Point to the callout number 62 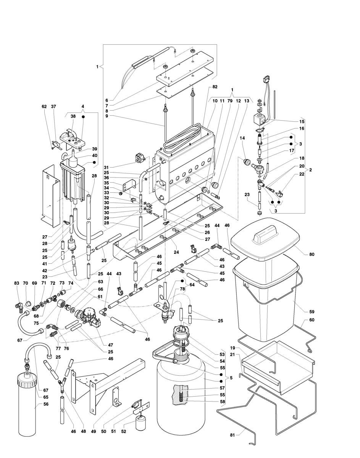[44, 107]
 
